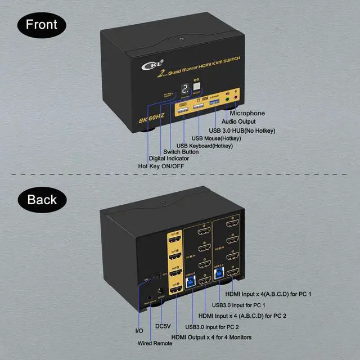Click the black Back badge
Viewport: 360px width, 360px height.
pyautogui.click(x=42, y=199)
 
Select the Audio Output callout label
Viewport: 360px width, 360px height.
pyautogui.click(x=243, y=121)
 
